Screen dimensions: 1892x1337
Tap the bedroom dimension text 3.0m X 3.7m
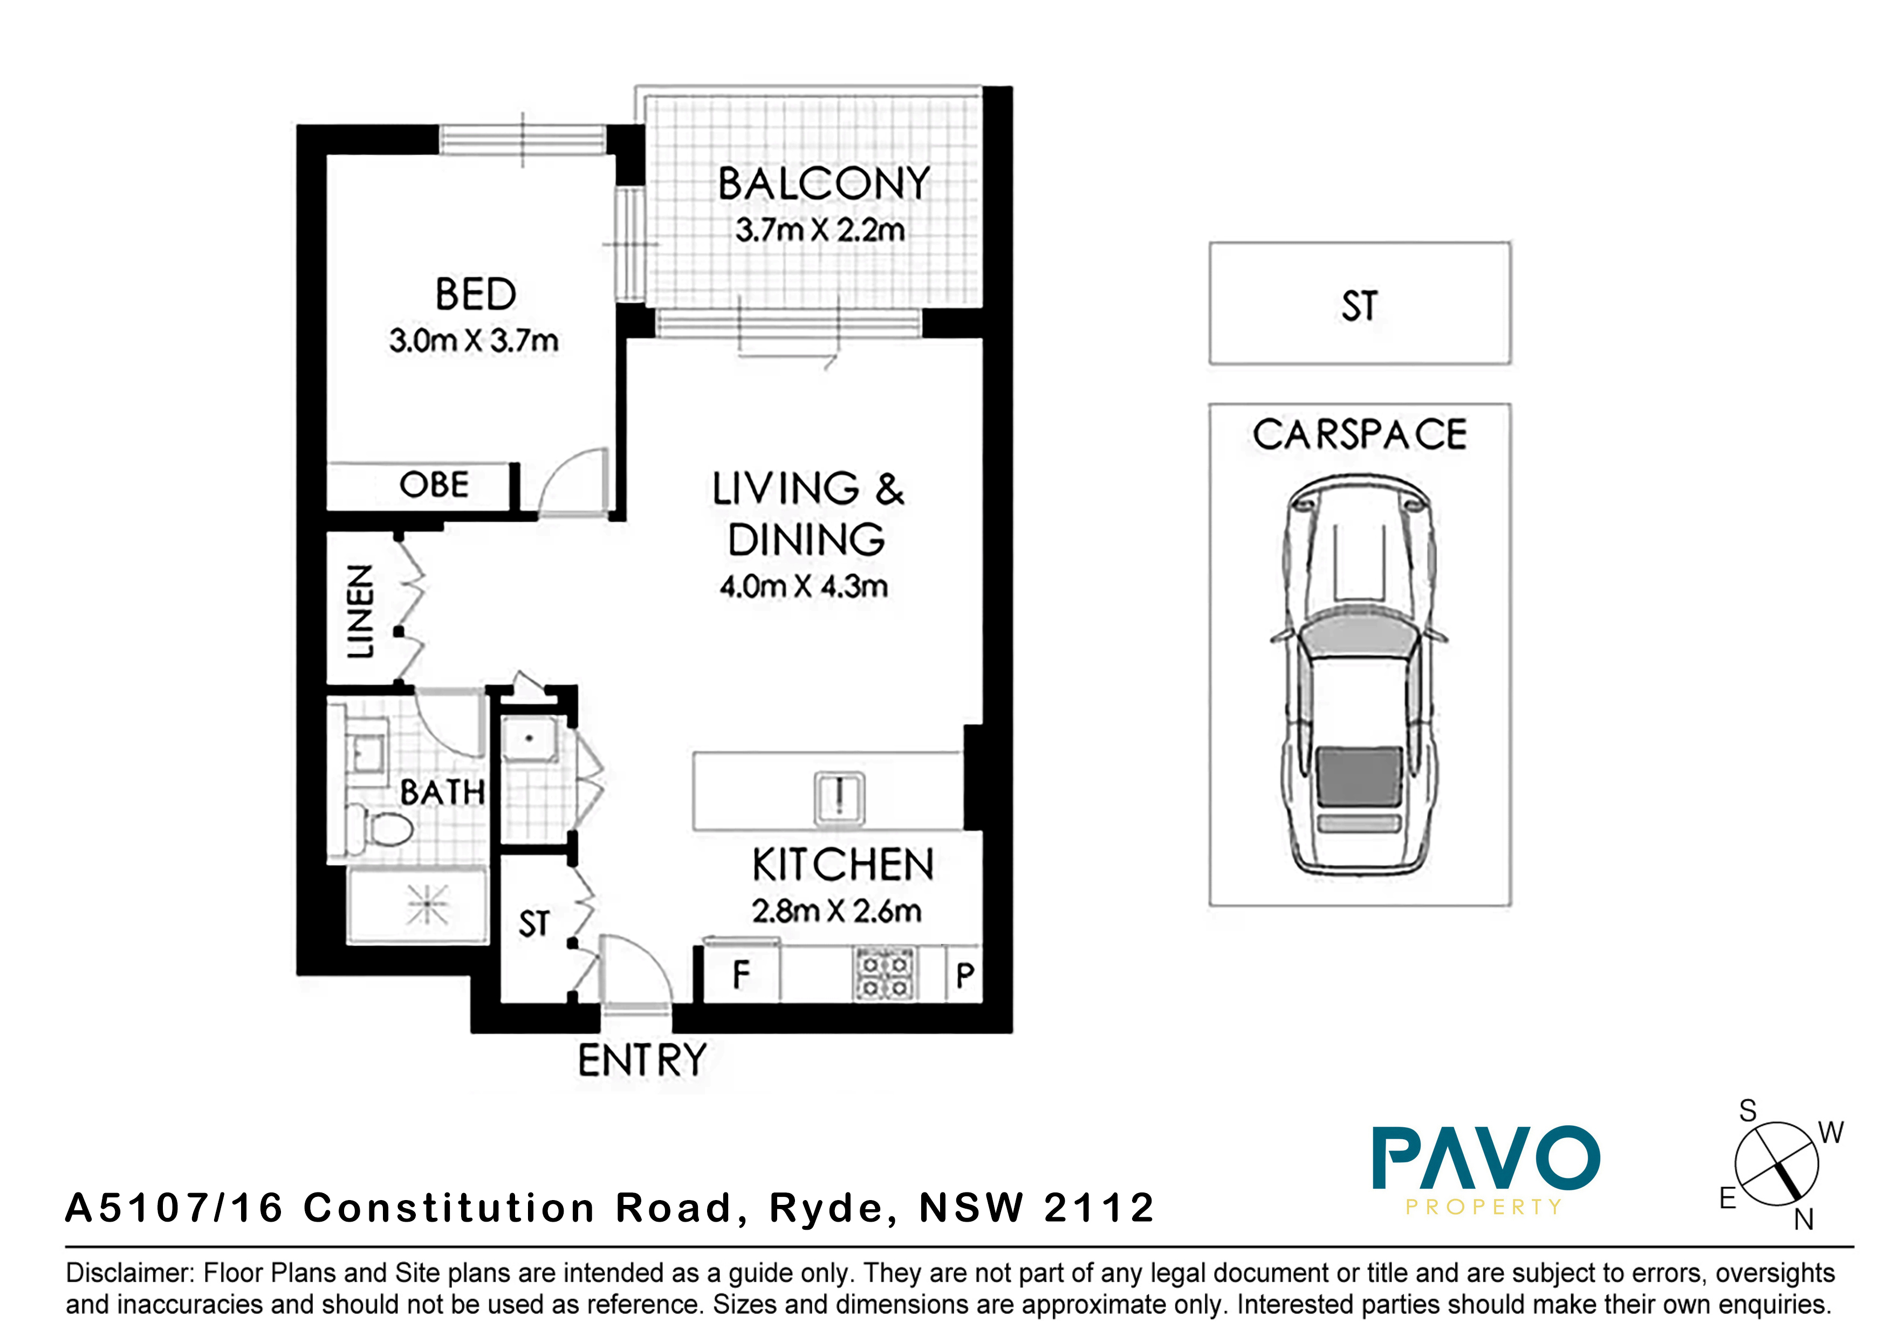pyautogui.click(x=474, y=340)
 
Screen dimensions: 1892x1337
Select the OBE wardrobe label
pyautogui.click(x=434, y=484)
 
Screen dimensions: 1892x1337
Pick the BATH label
pyautogui.click(x=442, y=792)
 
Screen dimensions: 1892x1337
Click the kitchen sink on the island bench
pyautogui.click(x=839, y=797)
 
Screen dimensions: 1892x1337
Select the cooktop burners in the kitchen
pyautogui.click(x=884, y=973)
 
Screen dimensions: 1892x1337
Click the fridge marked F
pyautogui.click(x=741, y=975)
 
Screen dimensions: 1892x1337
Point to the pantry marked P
pyautogui.click(x=965, y=975)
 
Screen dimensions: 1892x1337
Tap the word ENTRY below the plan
pyautogui.click(x=642, y=1060)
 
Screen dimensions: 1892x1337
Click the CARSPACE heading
pyautogui.click(x=1360, y=434)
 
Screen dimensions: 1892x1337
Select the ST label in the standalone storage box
pyautogui.click(x=1359, y=306)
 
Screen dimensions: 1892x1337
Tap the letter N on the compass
pyautogui.click(x=1804, y=1219)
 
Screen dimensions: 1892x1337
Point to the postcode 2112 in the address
pyautogui.click(x=1099, y=1209)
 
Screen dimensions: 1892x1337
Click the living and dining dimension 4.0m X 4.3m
pyautogui.click(x=804, y=587)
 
